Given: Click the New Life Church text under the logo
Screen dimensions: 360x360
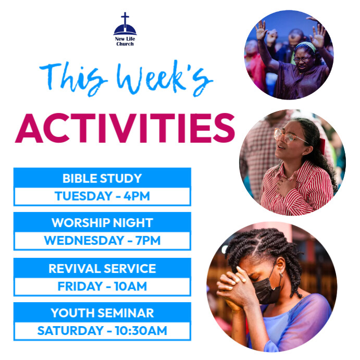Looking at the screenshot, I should click(125, 41).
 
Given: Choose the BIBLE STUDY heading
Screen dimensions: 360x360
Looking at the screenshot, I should click(102, 178).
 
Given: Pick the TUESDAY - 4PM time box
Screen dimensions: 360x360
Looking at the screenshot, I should click(102, 196).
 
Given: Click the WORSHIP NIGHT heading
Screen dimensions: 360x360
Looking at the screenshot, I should click(102, 223).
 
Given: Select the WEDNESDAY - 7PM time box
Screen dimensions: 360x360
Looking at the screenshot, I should click(102, 241).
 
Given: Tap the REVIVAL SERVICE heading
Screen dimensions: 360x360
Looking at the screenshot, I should click(102, 268).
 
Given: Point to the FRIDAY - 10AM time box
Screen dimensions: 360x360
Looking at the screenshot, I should click(102, 286).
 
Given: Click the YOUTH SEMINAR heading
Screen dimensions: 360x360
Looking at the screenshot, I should click(102, 313).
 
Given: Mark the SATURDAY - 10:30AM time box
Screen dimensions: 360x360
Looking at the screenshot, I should click(102, 331).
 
